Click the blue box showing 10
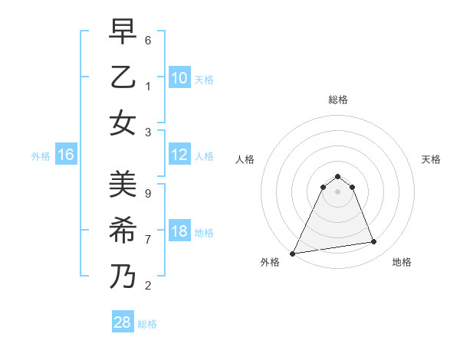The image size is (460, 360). click(179, 77)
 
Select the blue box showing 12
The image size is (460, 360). click(179, 155)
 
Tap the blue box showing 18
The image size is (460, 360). click(179, 231)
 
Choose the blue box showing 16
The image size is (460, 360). click(66, 155)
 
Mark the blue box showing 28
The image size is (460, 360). click(122, 322)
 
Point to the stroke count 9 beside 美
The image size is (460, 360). click(148, 193)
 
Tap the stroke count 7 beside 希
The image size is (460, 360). click(148, 239)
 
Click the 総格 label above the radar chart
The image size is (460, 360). click(337, 100)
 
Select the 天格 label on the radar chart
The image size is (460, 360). click(432, 159)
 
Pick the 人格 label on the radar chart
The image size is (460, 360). click(245, 159)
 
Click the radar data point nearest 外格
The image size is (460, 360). click(293, 253)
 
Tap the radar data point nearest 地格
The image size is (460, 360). click(374, 242)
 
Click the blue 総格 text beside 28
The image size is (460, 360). click(147, 324)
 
